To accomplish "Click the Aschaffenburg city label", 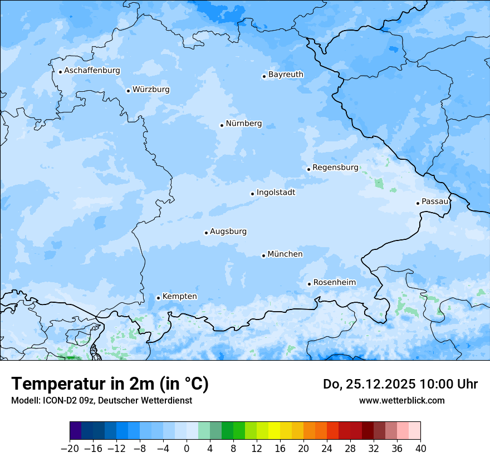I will pyautogui.click(x=92, y=71).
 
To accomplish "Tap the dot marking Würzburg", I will pyautogui.click(x=128, y=91).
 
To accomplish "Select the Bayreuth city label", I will pyautogui.click(x=286, y=75).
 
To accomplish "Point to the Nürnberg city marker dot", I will pyautogui.click(x=222, y=125).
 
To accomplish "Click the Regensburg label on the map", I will pyautogui.click(x=335, y=168).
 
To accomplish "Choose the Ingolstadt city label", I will pyautogui.click(x=276, y=193).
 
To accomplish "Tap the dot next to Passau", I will pyautogui.click(x=418, y=203).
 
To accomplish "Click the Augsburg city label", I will pyautogui.click(x=228, y=232).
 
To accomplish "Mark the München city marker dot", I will pyautogui.click(x=263, y=256).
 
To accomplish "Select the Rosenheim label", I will pyautogui.click(x=334, y=283).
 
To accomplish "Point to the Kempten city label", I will pyautogui.click(x=179, y=297).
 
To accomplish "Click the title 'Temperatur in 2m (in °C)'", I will pyautogui.click(x=110, y=384).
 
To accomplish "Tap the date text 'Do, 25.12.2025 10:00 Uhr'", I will pyautogui.click(x=400, y=384).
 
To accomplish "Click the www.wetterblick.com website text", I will pyautogui.click(x=401, y=400).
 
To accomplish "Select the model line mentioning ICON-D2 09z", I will pyautogui.click(x=101, y=400).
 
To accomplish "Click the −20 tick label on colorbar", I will pyautogui.click(x=70, y=449).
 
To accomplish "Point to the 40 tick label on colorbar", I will pyautogui.click(x=420, y=449).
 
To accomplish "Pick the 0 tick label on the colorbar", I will pyautogui.click(x=187, y=449).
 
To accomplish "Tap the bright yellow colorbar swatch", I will pyautogui.click(x=274, y=431).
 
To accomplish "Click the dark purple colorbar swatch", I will pyautogui.click(x=76, y=431).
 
